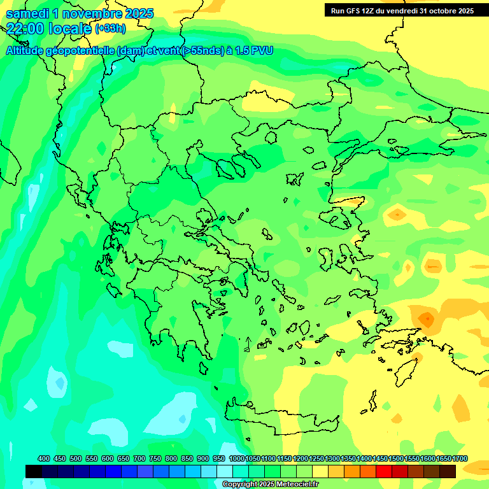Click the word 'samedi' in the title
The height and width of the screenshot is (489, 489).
click(x=27, y=13)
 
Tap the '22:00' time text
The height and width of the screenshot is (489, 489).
click(x=24, y=29)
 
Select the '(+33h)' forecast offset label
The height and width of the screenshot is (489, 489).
click(x=110, y=29)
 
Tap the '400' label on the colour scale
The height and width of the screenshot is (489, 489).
click(x=44, y=458)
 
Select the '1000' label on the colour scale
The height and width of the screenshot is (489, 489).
click(x=236, y=458)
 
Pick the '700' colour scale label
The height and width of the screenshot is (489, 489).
click(x=139, y=458)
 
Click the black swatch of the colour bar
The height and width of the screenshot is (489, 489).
click(x=34, y=471)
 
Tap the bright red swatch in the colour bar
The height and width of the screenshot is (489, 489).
click(x=384, y=471)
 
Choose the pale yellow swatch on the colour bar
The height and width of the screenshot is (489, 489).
click(x=320, y=471)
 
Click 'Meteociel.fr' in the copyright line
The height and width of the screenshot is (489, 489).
click(x=297, y=485)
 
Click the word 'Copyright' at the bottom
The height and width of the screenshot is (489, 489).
click(x=240, y=485)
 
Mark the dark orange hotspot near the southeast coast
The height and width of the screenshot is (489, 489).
click(x=425, y=317)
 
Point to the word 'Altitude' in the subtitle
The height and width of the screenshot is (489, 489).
click(x=25, y=51)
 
